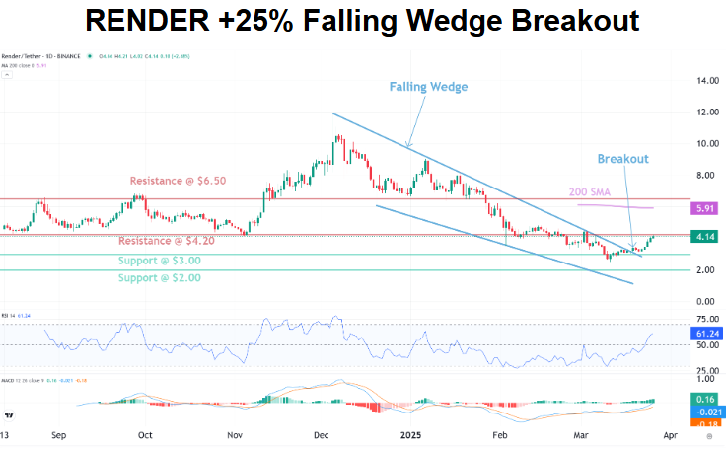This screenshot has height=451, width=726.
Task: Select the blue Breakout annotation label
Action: (x=623, y=158)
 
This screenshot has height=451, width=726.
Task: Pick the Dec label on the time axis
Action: (x=322, y=433)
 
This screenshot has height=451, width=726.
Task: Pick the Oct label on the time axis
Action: (x=145, y=433)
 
